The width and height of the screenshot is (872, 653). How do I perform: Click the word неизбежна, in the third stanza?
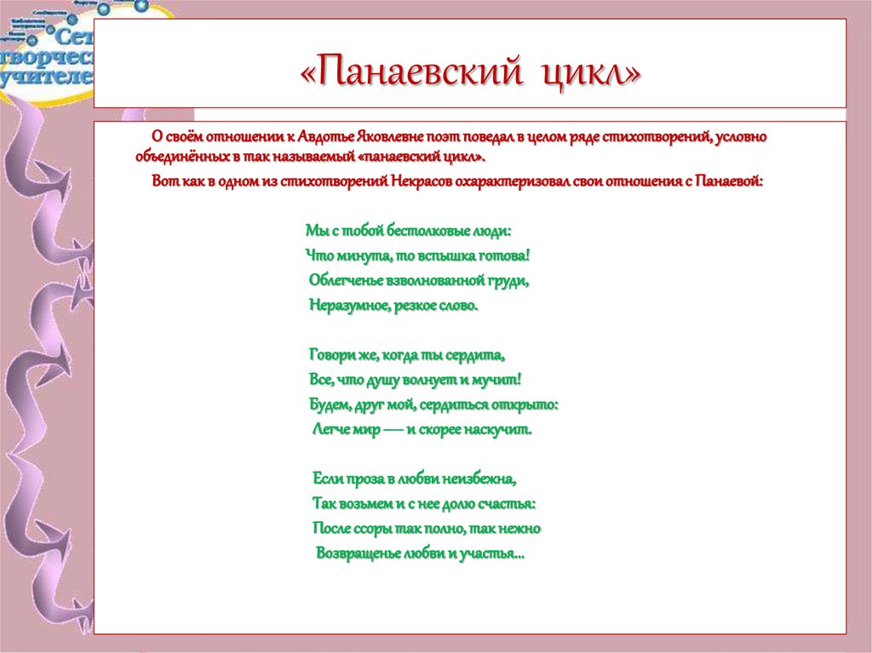coord(479,478)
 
